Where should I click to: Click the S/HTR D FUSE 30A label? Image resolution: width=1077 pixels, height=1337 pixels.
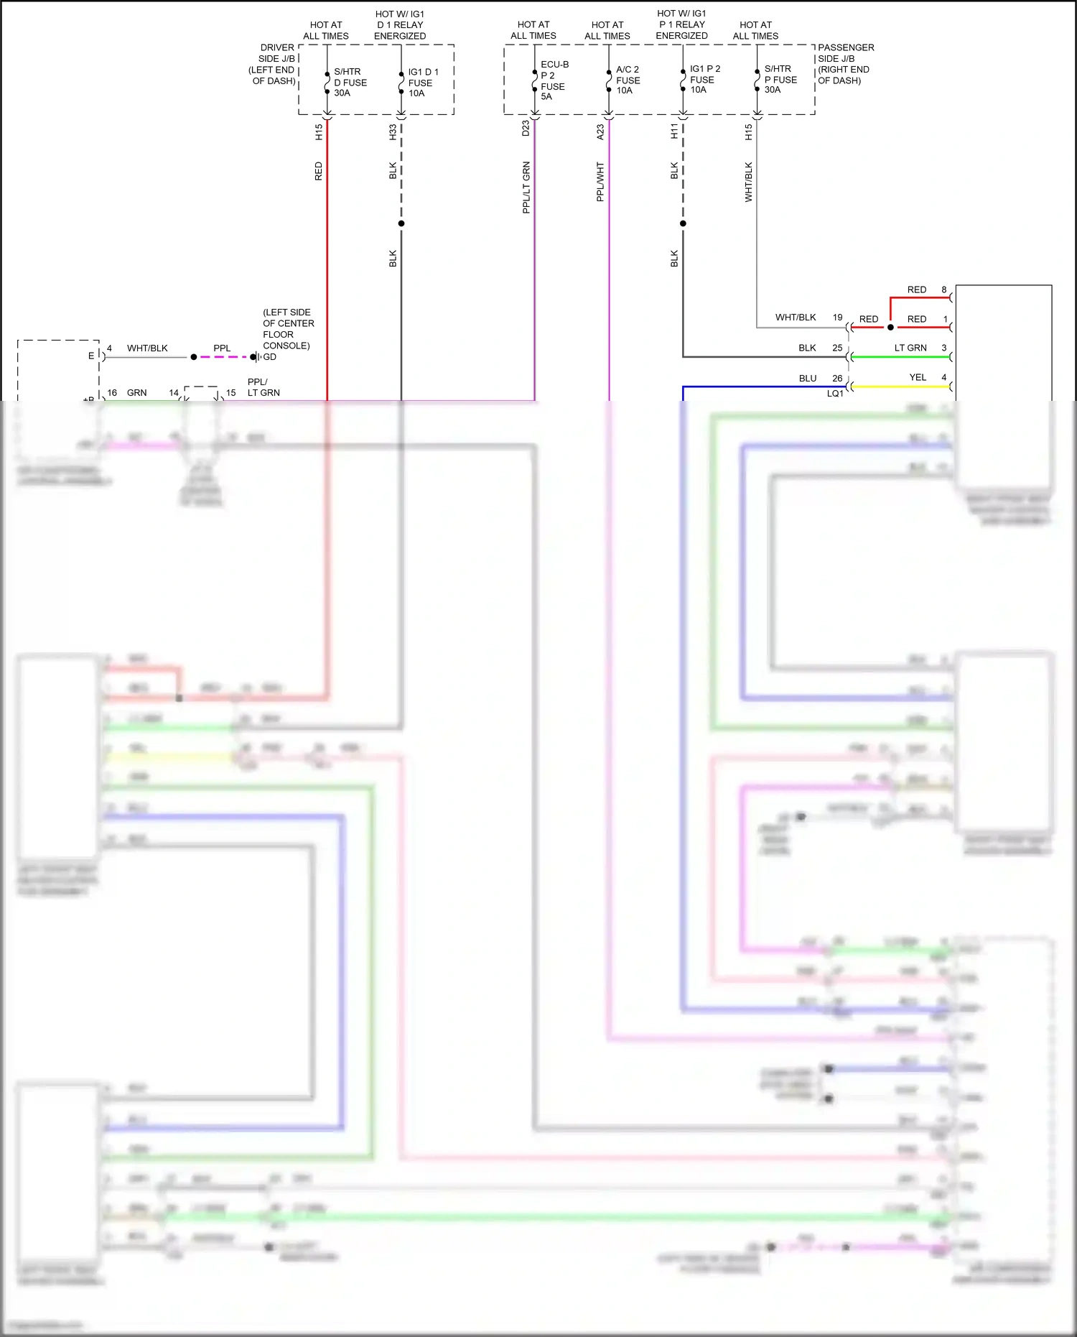pos(350,83)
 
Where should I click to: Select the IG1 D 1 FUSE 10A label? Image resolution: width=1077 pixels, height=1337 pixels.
pos(423,83)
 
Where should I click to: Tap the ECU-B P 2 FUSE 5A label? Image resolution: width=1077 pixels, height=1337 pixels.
pos(554,80)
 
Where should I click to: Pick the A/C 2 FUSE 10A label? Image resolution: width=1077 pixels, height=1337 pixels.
pos(628,80)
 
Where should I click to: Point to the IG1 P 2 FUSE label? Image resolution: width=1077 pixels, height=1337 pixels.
pos(704,79)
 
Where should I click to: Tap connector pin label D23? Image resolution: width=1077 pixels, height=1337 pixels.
pos(526,128)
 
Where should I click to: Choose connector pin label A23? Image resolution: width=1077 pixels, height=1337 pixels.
pos(600,132)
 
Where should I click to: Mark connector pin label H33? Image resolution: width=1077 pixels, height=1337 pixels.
pos(393,132)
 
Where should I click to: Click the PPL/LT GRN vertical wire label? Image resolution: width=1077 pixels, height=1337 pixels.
pos(526,187)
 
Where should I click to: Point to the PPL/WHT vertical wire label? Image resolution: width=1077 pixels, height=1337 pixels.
pos(600,181)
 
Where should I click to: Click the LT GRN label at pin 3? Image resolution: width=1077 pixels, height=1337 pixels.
pos(910,348)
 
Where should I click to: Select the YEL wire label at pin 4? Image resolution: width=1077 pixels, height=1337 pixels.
pos(917,377)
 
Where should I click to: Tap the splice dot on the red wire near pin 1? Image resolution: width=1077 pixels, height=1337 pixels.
pos(890,328)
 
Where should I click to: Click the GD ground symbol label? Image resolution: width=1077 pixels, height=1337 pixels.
pos(269,357)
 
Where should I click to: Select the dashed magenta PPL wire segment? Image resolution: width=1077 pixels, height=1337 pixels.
pos(223,357)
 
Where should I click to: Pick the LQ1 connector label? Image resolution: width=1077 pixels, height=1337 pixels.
pos(834,394)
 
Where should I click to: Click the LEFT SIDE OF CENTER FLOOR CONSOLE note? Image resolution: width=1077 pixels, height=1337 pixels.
pos(286,329)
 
